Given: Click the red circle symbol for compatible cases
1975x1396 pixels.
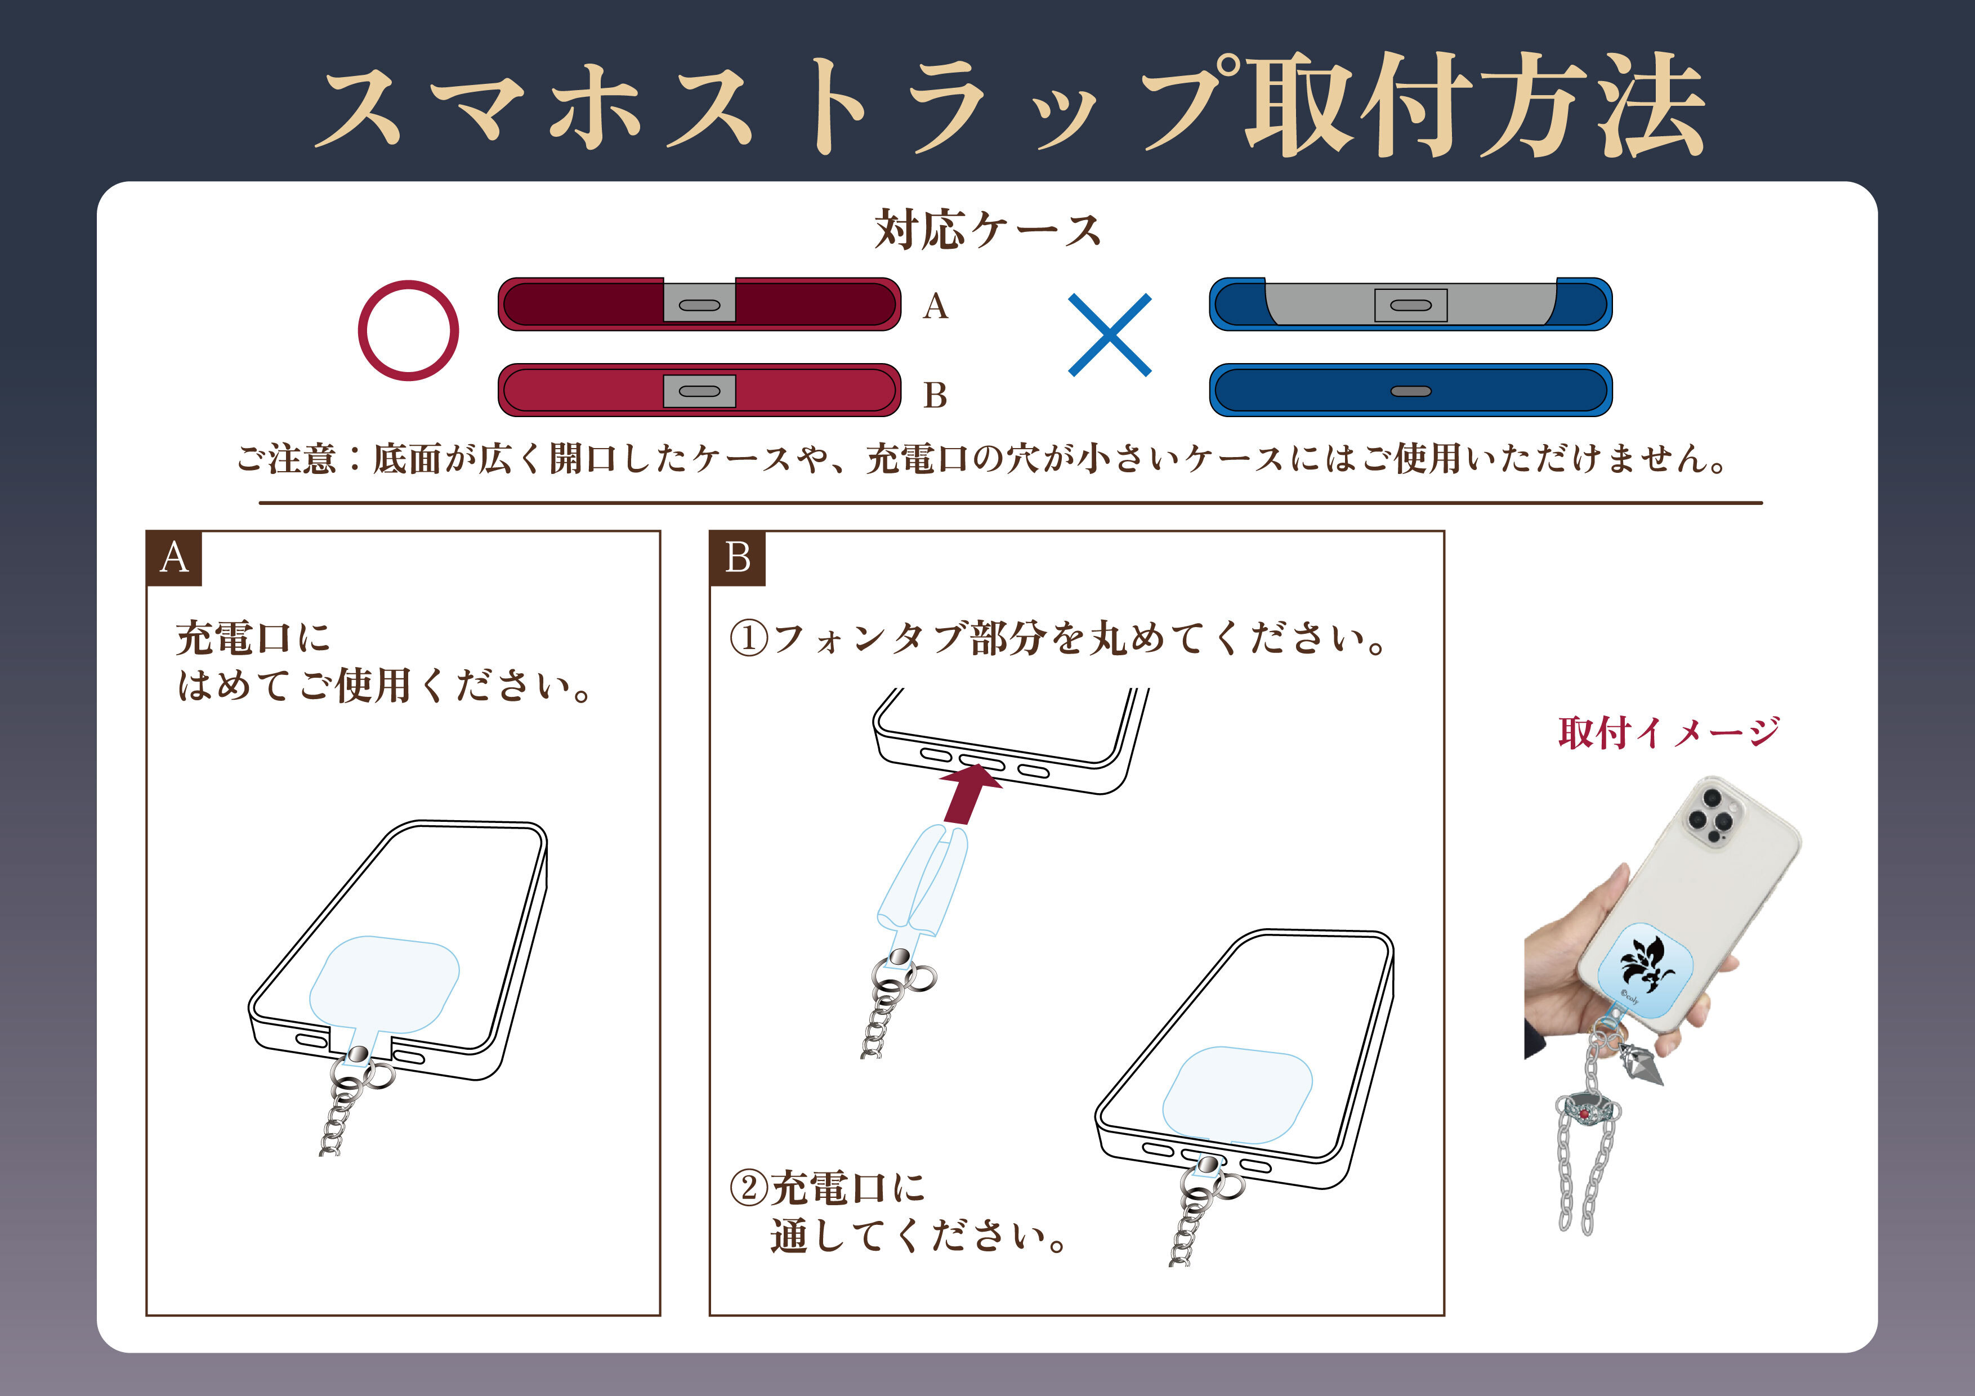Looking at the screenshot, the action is click(x=361, y=331).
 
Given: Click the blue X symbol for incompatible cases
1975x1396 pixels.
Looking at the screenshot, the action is click(x=1110, y=334).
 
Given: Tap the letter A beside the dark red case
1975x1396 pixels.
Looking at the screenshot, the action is click(x=935, y=306).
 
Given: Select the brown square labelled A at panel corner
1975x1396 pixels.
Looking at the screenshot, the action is click(x=175, y=558).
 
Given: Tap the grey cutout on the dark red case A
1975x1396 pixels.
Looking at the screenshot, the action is click(x=699, y=302).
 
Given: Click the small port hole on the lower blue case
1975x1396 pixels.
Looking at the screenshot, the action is click(x=1411, y=391).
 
